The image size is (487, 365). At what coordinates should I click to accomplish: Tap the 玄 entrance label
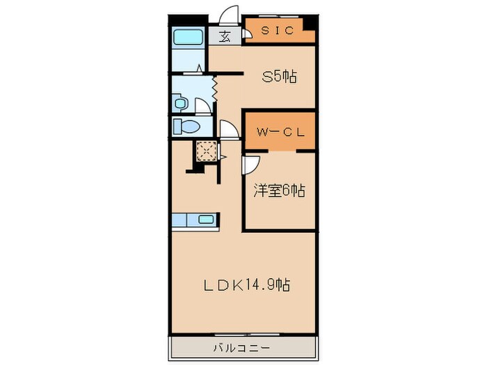pyautogui.click(x=225, y=37)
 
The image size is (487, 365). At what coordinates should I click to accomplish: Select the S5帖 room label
pyautogui.click(x=278, y=77)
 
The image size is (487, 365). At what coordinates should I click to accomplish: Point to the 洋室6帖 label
pyautogui.click(x=278, y=190)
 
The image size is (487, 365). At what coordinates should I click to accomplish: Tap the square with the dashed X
pyautogui.click(x=206, y=151)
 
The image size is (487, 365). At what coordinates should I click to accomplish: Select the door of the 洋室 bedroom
pyautogui.click(x=250, y=163)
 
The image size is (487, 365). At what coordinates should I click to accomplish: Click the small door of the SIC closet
pyautogui.click(x=248, y=33)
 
